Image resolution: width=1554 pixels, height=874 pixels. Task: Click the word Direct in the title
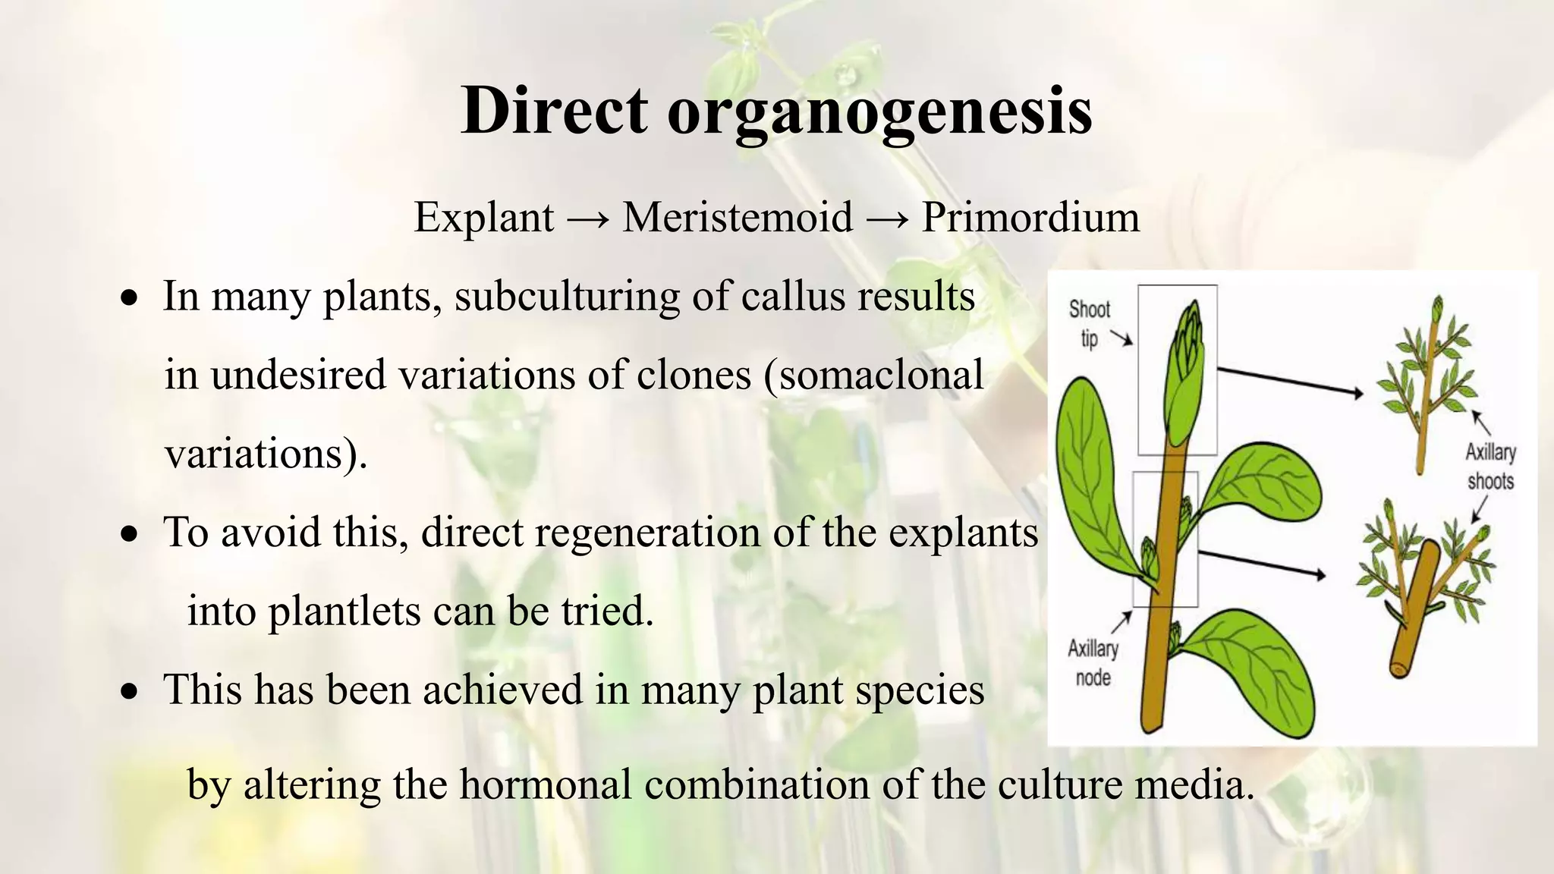point(554,110)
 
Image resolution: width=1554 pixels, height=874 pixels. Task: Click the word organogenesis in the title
point(879,114)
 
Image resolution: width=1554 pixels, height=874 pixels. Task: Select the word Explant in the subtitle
point(483,218)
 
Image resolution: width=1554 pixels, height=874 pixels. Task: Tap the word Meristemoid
point(738,218)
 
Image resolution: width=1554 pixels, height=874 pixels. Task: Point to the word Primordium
point(1030,218)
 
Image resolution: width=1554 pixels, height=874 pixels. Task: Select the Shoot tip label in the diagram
point(1089,322)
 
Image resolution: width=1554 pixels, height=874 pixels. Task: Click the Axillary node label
point(1093,662)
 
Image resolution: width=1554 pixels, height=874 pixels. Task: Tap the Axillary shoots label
point(1490,466)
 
